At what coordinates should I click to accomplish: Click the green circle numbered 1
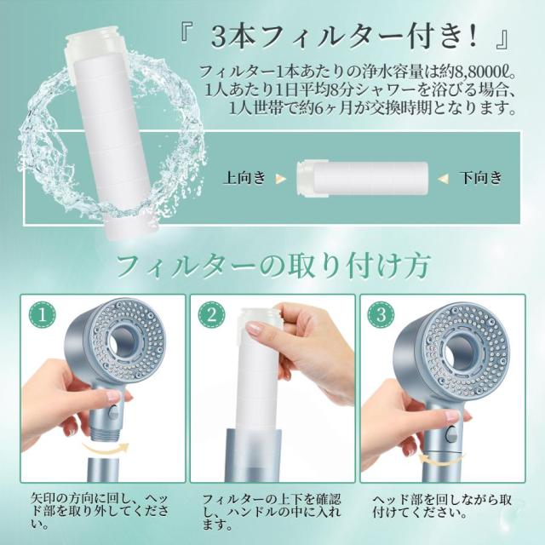click(43, 315)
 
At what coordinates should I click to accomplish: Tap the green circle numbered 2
click(212, 315)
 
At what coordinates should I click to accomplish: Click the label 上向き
click(245, 178)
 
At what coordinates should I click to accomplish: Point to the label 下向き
click(480, 178)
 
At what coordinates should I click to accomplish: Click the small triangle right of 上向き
click(280, 179)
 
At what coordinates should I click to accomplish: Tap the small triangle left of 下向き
click(443, 179)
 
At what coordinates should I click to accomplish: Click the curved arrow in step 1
click(105, 447)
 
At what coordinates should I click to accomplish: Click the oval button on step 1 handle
click(113, 414)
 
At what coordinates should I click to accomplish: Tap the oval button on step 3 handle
click(451, 434)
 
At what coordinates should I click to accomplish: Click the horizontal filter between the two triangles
click(362, 177)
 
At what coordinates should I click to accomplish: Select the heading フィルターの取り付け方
click(272, 267)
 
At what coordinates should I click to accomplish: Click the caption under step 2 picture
click(272, 512)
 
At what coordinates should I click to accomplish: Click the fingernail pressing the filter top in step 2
click(256, 327)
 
